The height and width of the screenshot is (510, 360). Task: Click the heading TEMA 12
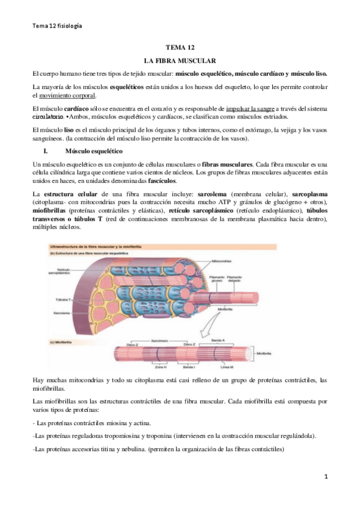pyautogui.click(x=180, y=48)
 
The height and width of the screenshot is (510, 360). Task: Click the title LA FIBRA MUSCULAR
pyautogui.click(x=180, y=61)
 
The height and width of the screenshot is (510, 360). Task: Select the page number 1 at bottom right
pyautogui.click(x=325, y=476)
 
